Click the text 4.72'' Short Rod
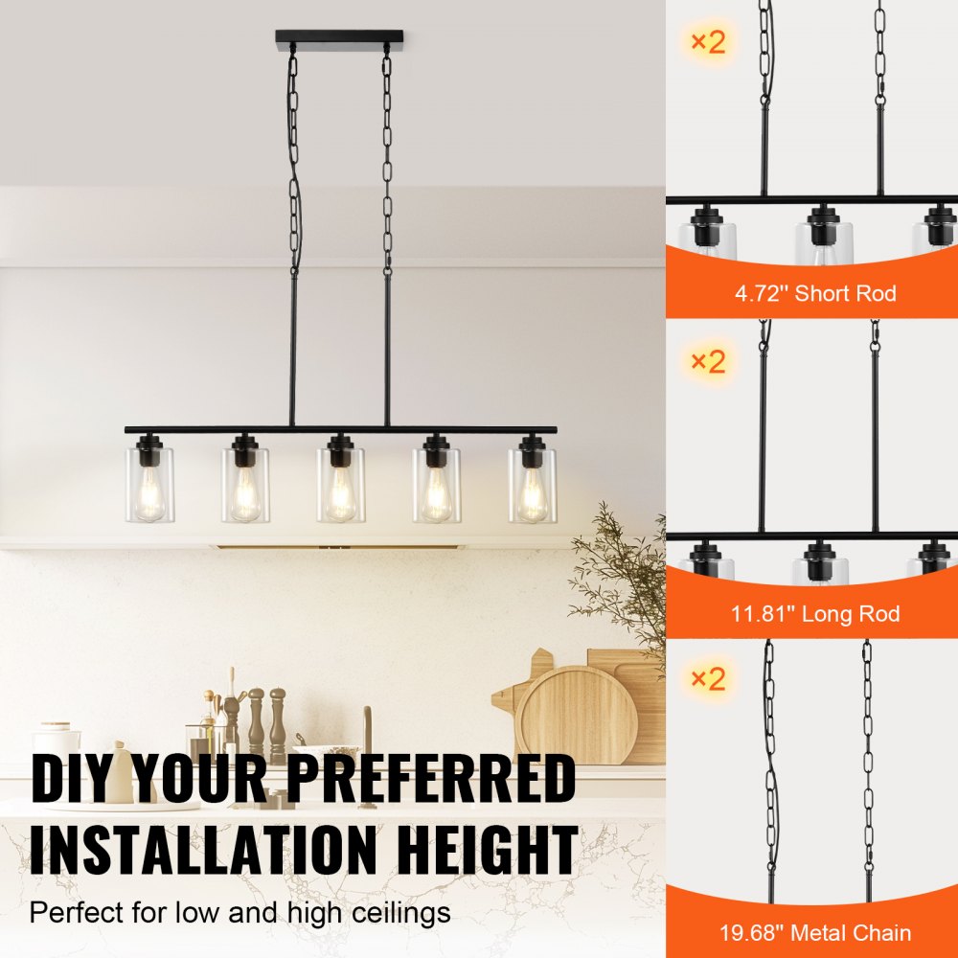point(815,293)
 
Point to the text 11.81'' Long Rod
point(815,613)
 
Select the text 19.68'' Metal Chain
point(815,932)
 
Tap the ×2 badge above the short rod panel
point(708,42)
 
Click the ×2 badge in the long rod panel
point(708,361)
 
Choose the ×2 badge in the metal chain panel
point(708,679)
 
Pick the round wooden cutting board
point(577,713)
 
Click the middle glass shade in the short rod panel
point(823,239)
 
